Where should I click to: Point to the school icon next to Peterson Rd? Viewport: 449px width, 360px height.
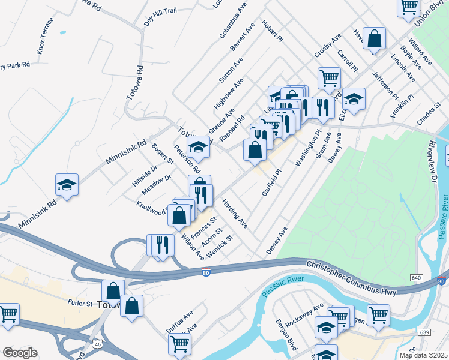point(198,147)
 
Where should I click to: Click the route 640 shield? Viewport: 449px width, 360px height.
point(416,278)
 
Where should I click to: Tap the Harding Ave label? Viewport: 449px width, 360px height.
point(234,213)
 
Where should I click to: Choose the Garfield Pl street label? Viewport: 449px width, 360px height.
point(271,182)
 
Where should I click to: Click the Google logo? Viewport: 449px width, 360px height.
point(19,353)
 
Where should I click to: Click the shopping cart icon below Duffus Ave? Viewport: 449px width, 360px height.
point(179,344)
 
